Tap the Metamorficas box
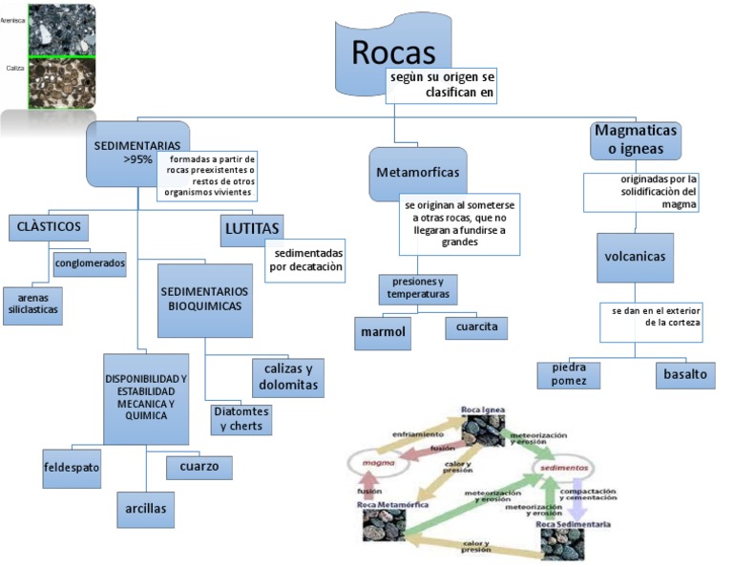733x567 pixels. (x=417, y=173)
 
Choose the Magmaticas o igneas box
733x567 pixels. (x=635, y=139)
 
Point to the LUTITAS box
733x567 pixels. (x=252, y=229)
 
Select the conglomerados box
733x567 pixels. (x=90, y=263)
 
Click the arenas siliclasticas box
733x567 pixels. (x=33, y=304)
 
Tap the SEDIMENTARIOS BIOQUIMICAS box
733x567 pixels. (x=204, y=299)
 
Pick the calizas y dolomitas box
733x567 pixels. (x=286, y=377)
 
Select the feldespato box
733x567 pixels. (x=72, y=468)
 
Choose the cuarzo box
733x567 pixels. (x=199, y=467)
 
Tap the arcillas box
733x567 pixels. (x=145, y=509)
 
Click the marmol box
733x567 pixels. (x=383, y=332)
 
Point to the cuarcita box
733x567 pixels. (x=476, y=327)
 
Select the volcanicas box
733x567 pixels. (x=635, y=256)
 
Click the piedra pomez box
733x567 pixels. (x=569, y=374)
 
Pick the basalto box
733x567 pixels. (x=685, y=374)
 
